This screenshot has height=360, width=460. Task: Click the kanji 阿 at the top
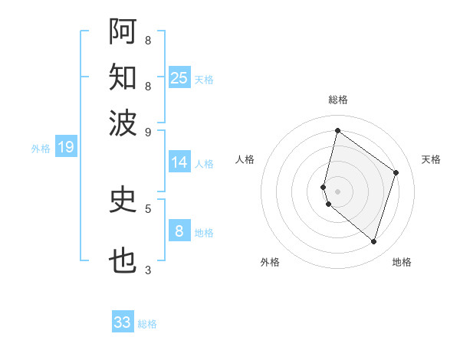pos(123,31)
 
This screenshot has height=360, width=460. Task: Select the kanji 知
pos(123,77)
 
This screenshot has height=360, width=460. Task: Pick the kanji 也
pos(123,261)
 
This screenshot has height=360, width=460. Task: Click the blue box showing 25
pos(179,77)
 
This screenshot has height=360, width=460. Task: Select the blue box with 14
pos(179,162)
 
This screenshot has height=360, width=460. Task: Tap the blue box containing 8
pos(179,231)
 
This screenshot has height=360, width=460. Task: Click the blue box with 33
pos(123,322)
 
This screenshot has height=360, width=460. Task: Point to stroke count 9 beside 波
pos(148,131)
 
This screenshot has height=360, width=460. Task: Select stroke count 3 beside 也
pos(148,270)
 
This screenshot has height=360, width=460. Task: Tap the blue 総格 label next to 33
pos(147,324)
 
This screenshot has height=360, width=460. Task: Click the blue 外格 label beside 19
pos(41,149)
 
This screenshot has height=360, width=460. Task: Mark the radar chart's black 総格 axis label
pos(337,100)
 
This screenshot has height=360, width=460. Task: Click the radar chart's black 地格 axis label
pos(402,262)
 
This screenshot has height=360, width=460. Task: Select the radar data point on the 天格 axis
pos(396,172)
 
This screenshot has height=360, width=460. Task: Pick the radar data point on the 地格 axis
pos(373,241)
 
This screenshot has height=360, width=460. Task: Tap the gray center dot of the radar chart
pos(337,191)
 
